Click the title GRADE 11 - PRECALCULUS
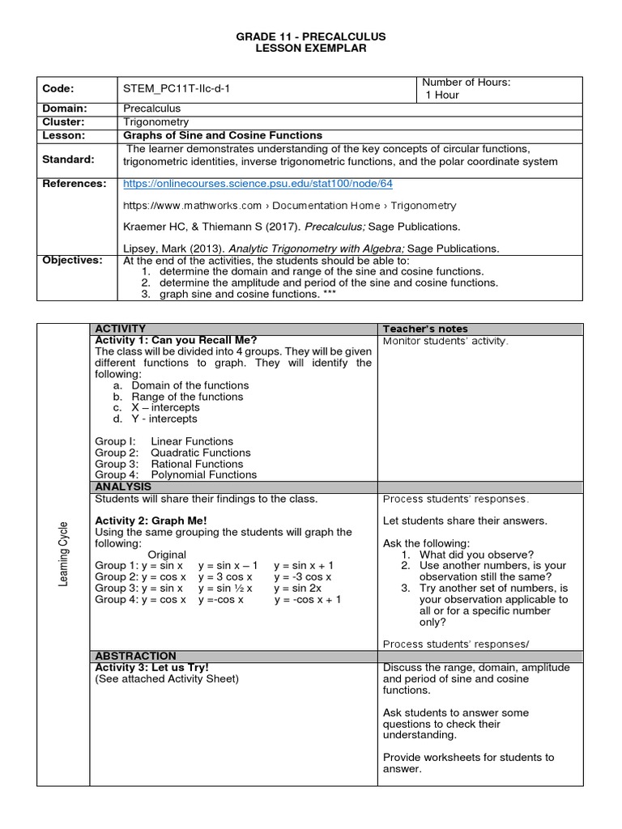(x=312, y=37)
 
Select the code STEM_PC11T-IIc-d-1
(x=177, y=88)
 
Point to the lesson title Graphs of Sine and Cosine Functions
(x=222, y=135)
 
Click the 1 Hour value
(x=442, y=95)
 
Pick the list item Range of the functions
(x=186, y=397)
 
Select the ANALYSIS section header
(x=123, y=487)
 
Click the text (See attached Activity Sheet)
(x=167, y=678)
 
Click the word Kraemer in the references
(x=144, y=227)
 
